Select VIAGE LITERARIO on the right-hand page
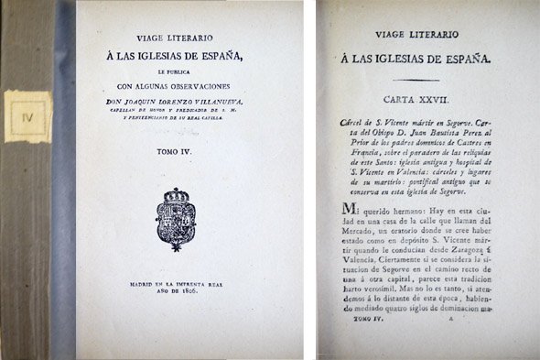pos(424,38)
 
